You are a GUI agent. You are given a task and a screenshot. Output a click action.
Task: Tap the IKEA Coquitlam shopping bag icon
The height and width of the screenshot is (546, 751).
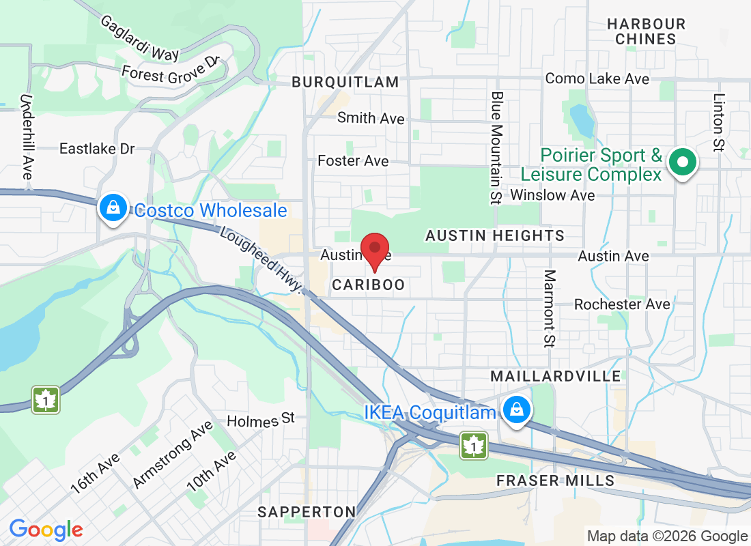coord(517,409)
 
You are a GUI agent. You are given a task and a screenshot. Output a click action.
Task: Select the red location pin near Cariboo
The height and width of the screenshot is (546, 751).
coord(374,249)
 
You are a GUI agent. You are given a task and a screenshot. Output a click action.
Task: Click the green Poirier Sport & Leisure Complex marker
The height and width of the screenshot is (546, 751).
coord(681,162)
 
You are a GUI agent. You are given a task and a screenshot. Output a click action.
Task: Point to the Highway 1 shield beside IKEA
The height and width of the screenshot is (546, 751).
coord(473,445)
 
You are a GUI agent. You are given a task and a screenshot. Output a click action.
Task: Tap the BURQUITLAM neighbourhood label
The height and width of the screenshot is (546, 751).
coord(345,82)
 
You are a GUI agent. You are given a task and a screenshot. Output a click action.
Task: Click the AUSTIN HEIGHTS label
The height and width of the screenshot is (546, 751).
coord(495,235)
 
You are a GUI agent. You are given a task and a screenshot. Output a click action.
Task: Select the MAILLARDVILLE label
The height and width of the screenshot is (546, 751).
coord(556,376)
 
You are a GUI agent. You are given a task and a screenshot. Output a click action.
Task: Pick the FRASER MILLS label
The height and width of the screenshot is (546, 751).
coord(555,480)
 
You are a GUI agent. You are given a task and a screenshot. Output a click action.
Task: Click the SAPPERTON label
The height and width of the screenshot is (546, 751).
coord(307,512)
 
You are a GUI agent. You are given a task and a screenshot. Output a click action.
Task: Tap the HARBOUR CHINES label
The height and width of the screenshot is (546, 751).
coord(646,31)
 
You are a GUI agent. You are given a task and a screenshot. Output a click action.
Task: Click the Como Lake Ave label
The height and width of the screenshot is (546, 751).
coord(597,79)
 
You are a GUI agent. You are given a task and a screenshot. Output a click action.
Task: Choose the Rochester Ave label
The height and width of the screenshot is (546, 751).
coord(622,304)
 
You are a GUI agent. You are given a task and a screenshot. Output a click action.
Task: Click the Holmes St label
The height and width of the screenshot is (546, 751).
coord(260,418)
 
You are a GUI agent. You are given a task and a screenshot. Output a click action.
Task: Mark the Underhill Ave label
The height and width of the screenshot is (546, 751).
coord(27,137)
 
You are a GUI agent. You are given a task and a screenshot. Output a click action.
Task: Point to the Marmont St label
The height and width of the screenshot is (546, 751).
coord(550,308)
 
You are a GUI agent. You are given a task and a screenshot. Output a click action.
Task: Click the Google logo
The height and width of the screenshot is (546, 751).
coord(46,529)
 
